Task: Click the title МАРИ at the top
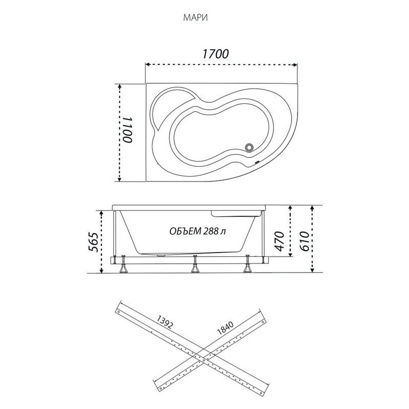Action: [x=195, y=18]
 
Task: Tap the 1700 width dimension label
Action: [x=215, y=54]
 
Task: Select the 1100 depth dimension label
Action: [x=128, y=130]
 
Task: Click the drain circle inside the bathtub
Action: [x=249, y=147]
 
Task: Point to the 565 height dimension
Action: [x=94, y=241]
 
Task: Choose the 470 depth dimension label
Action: [x=279, y=241]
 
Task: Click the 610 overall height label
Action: [x=304, y=241]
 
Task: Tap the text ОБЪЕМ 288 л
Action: [x=198, y=231]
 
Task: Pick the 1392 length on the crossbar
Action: [x=165, y=323]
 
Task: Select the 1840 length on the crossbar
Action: [x=225, y=328]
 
